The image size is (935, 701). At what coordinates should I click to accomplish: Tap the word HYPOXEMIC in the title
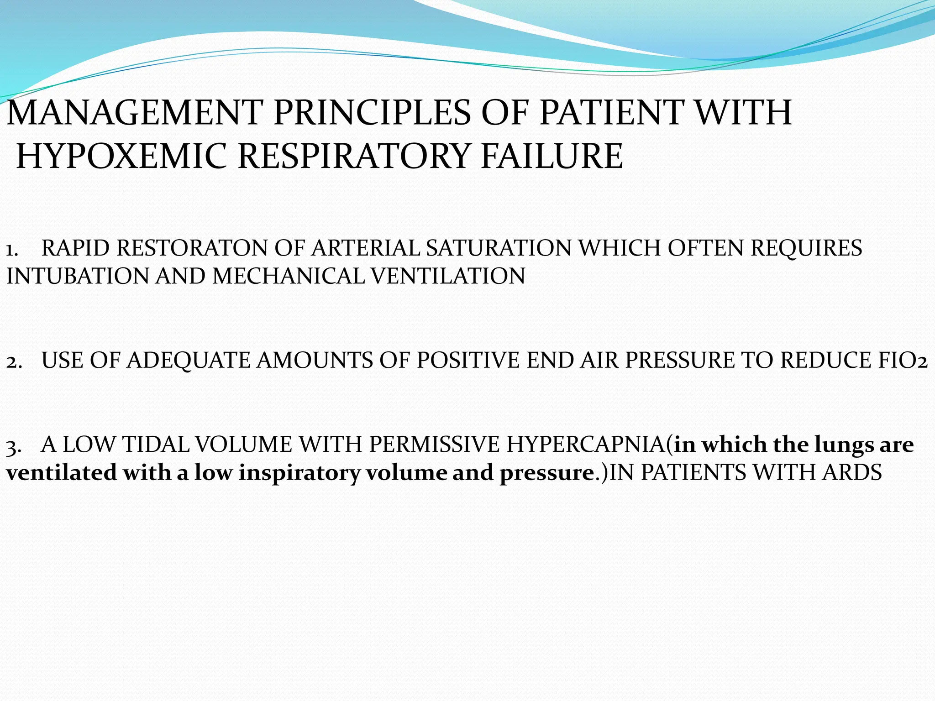pos(121,157)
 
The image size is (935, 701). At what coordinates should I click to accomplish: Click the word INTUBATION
pos(78,277)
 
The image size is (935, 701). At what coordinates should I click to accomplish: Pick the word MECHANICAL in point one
pos(288,277)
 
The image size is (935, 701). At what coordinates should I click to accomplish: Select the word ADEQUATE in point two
pos(188,360)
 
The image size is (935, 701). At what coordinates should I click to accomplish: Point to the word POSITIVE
pos(468,360)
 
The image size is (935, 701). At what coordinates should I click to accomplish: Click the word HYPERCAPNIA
pos(586,445)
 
